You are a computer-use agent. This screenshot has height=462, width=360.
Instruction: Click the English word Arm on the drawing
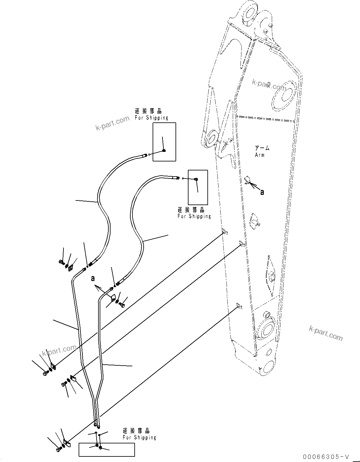[x=260, y=155]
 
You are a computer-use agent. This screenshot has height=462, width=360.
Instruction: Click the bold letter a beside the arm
[x=262, y=192]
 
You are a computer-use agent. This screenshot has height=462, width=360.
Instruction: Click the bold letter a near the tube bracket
[x=92, y=279]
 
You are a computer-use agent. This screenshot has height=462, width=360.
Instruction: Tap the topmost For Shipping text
[x=151, y=118]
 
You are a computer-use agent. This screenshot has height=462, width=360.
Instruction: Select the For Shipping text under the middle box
[x=194, y=216]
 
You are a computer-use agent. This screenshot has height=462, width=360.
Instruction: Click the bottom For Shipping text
[x=139, y=437]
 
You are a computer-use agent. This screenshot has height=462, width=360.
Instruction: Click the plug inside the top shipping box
[x=164, y=151]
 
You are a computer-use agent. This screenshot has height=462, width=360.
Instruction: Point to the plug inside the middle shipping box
[x=196, y=179]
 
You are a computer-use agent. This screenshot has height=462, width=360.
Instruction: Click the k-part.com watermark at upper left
[x=112, y=123]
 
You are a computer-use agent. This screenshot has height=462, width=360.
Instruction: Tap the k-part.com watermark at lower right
[x=326, y=333]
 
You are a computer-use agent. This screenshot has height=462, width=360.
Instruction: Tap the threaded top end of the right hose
[x=177, y=178]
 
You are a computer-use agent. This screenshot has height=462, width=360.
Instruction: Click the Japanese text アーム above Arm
[x=262, y=148]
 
